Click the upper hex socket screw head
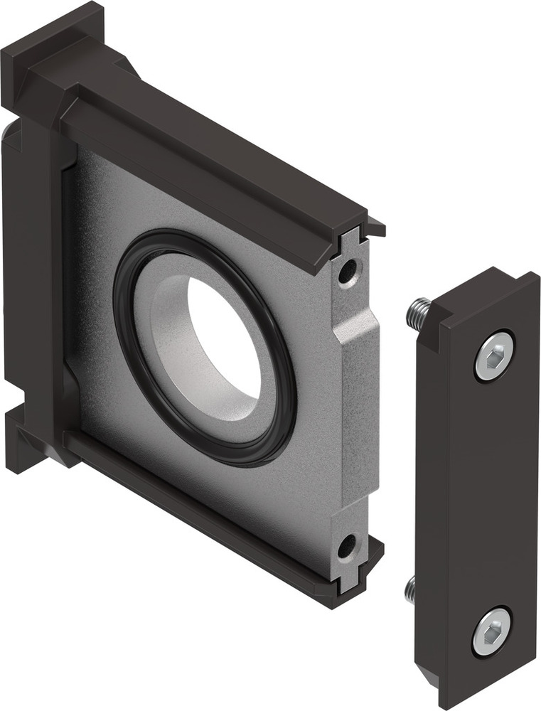(494, 355)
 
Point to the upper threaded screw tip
(417, 313)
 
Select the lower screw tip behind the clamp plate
(410, 589)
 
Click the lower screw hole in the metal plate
(346, 546)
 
